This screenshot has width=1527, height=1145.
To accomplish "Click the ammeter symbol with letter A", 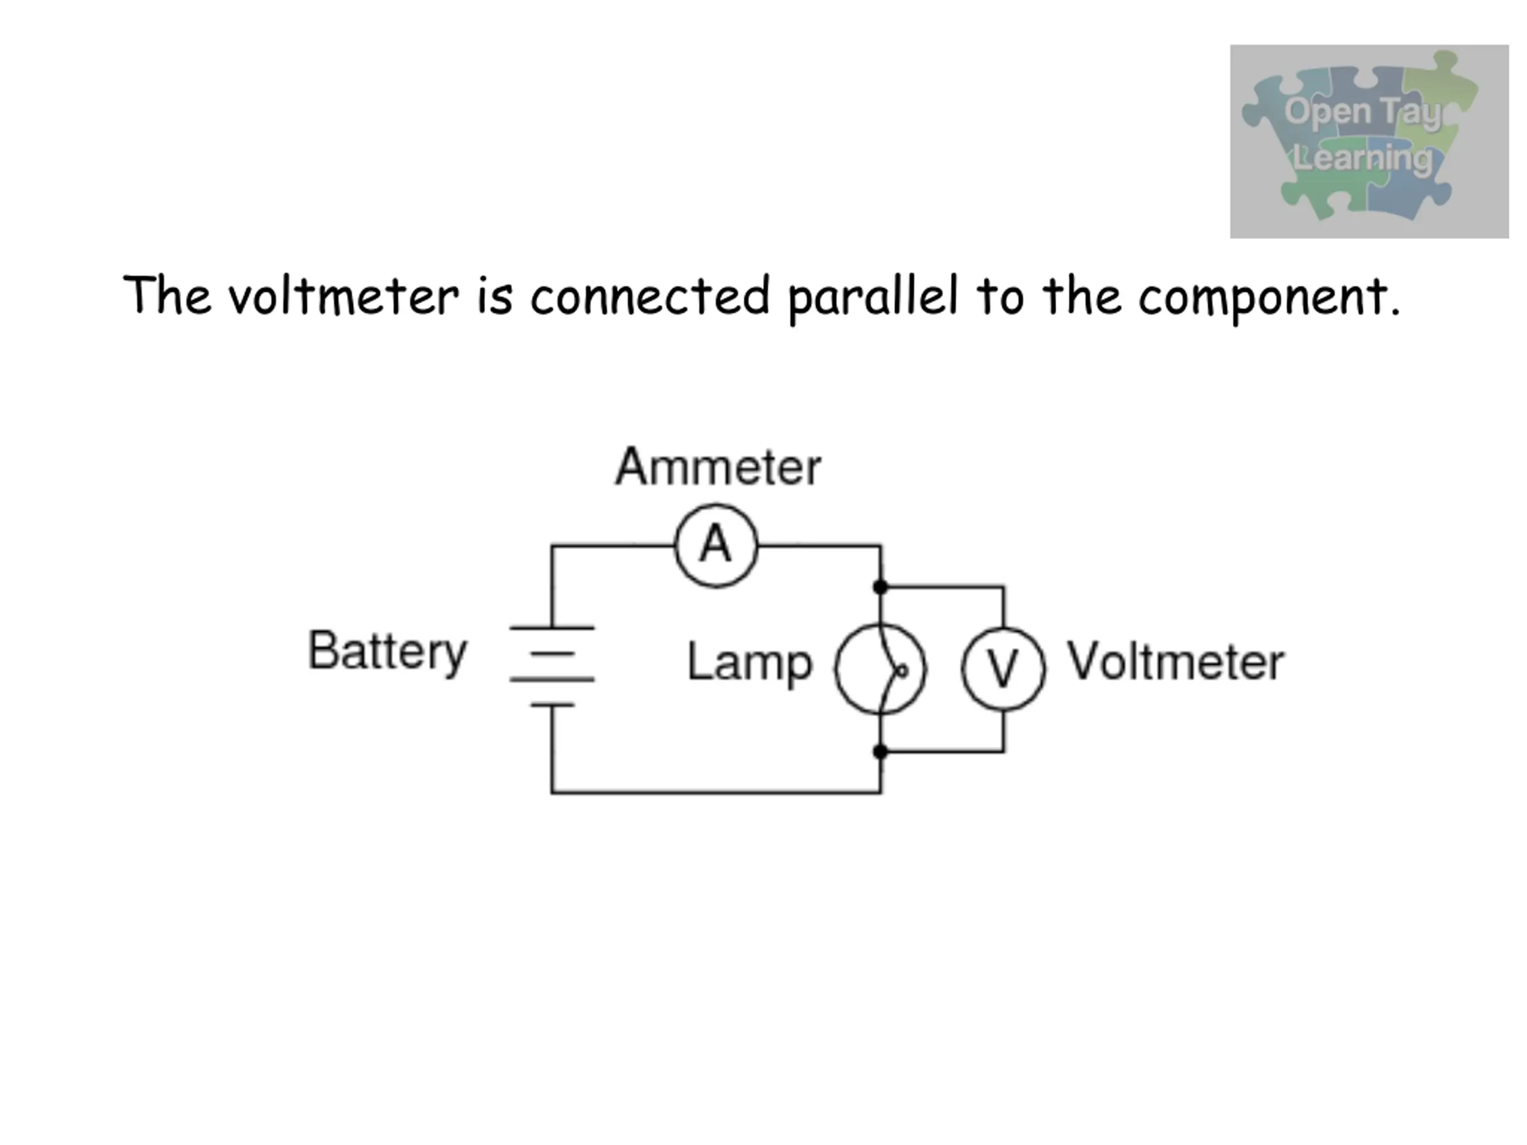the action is pyautogui.click(x=716, y=545).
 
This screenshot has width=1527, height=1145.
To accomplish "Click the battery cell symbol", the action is pyautogui.click(x=552, y=666).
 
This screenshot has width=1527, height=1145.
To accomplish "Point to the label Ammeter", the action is pyautogui.click(x=718, y=468).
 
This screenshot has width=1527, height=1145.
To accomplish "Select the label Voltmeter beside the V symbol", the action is pyautogui.click(x=1176, y=661).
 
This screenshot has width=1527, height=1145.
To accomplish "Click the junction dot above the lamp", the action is pyautogui.click(x=880, y=587).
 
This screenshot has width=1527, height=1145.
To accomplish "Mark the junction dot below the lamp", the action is pyautogui.click(x=880, y=751).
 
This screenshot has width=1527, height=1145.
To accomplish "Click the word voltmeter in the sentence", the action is pyautogui.click(x=344, y=296).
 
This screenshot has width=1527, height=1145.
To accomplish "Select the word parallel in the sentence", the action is pyautogui.click(x=873, y=298).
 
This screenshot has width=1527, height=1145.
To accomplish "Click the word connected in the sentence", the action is pyautogui.click(x=650, y=296).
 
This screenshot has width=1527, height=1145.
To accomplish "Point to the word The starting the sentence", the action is pyautogui.click(x=167, y=295).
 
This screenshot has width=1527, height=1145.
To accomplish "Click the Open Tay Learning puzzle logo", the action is pyautogui.click(x=1369, y=141).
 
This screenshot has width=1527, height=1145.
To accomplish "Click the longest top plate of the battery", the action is pyautogui.click(x=552, y=627).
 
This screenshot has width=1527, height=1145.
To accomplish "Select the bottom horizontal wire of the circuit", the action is pyautogui.click(x=716, y=793).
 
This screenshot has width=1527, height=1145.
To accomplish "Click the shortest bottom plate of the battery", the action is pyautogui.click(x=552, y=705).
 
